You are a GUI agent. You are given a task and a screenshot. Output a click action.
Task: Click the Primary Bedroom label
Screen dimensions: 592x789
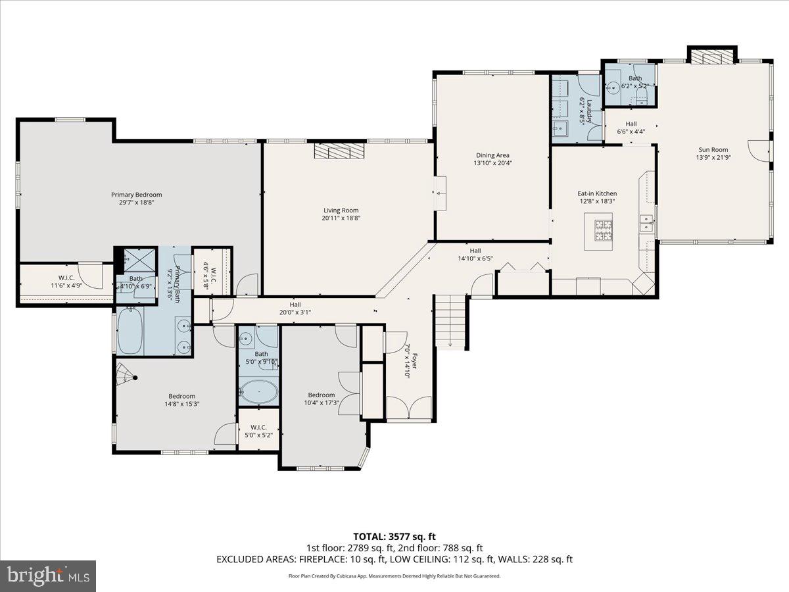tap(136, 195)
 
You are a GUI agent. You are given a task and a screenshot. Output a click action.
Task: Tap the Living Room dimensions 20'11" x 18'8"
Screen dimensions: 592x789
tap(341, 218)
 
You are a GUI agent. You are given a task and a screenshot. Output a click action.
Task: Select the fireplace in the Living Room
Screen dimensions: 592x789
tap(339, 151)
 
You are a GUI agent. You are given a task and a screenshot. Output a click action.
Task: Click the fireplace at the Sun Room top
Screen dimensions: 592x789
tap(711, 58)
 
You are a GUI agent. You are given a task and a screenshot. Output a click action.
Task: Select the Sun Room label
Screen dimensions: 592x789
tap(713, 149)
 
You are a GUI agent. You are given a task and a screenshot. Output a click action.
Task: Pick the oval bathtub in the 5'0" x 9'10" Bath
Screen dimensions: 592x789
tap(258, 392)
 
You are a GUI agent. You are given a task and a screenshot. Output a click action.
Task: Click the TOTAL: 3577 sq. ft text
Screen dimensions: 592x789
tap(394, 536)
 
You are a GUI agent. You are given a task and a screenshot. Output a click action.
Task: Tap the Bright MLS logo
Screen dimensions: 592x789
tap(48, 576)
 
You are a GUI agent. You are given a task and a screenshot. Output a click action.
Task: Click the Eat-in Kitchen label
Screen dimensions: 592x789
tap(597, 193)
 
